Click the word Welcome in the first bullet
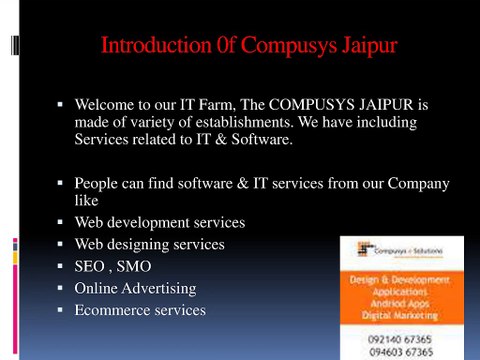pyautogui.click(x=107, y=103)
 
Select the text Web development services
pyautogui.click(x=160, y=222)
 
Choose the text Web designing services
pyautogui.click(x=150, y=244)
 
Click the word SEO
pyautogui.click(x=91, y=266)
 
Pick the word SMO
pyautogui.click(x=134, y=266)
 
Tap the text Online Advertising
pyautogui.click(x=135, y=288)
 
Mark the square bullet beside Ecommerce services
pyautogui.click(x=60, y=310)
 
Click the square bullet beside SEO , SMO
pyautogui.click(x=60, y=266)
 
